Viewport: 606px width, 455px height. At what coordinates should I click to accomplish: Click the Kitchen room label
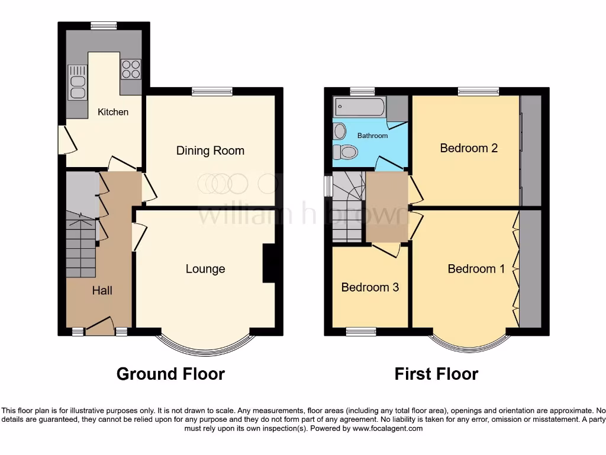[x=113, y=112]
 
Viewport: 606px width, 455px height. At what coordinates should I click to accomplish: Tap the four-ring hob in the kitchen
[x=131, y=69]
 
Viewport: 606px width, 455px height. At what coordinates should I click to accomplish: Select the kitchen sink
[x=77, y=83]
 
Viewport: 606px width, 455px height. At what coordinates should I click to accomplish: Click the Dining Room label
[x=210, y=150]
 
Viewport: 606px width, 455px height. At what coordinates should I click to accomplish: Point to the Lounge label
[x=205, y=269]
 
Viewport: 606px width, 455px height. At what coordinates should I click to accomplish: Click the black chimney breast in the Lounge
[x=268, y=262]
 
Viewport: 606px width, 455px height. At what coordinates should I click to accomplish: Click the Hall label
[x=102, y=290]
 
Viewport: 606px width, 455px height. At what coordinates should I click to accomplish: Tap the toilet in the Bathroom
[x=344, y=153]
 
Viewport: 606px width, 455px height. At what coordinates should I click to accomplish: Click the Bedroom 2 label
[x=469, y=148]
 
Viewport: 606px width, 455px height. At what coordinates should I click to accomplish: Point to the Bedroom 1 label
[x=476, y=269]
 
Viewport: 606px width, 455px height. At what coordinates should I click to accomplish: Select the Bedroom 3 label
[x=370, y=287]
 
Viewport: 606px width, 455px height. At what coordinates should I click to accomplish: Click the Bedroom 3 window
[x=361, y=331]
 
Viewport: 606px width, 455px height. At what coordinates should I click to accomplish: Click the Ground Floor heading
[x=170, y=374]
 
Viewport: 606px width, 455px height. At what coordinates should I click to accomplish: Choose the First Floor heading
[x=436, y=374]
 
